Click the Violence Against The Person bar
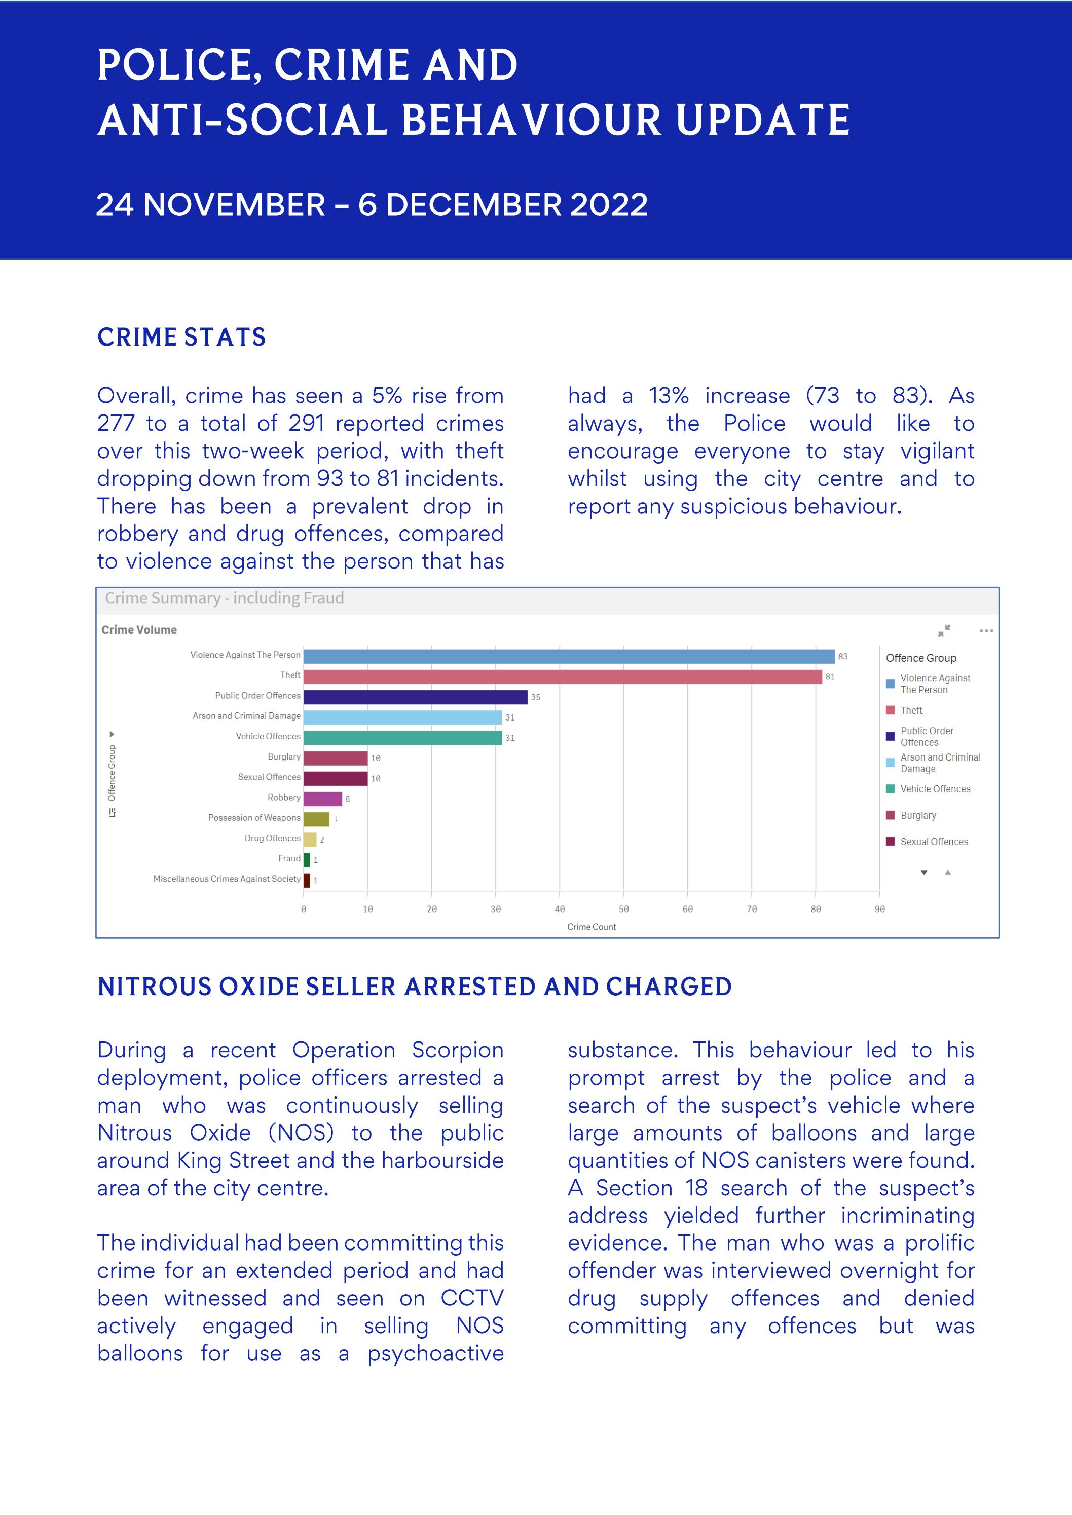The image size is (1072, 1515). click(568, 656)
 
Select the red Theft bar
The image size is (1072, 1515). click(561, 676)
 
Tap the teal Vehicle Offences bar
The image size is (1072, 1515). click(402, 738)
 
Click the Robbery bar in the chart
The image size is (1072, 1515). click(322, 799)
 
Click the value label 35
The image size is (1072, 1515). click(535, 697)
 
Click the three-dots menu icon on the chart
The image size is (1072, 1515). click(985, 631)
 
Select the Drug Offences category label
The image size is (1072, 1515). click(272, 838)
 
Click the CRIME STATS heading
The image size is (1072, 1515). click(181, 337)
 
